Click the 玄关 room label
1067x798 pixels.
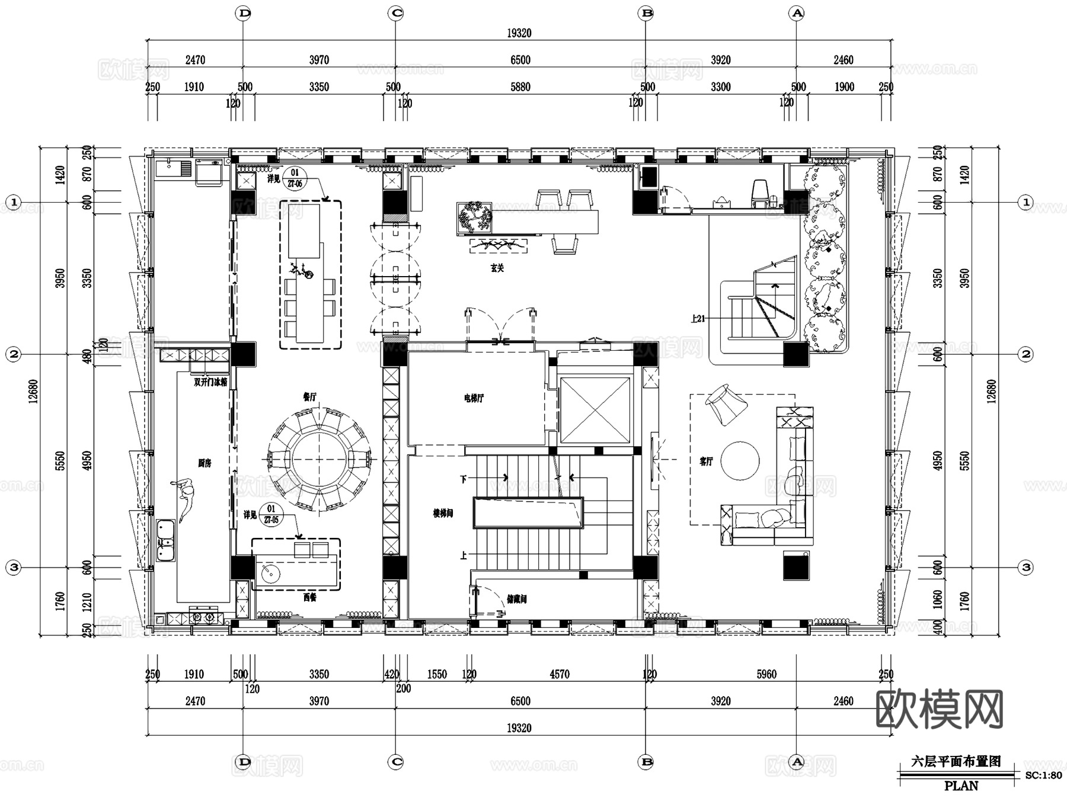click(497, 268)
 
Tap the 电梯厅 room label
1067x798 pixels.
click(474, 398)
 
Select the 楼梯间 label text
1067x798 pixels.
click(443, 513)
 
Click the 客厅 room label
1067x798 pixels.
click(706, 461)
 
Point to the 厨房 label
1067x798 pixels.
click(205, 463)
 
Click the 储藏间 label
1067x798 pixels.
click(516, 599)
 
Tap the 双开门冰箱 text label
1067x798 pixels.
click(210, 382)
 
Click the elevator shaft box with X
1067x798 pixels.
click(595, 410)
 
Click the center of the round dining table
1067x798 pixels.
click(320, 459)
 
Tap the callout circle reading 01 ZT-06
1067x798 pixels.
click(295, 178)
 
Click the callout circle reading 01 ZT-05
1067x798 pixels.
click(271, 514)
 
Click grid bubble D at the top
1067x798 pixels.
click(243, 13)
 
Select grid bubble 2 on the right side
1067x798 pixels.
click(1026, 354)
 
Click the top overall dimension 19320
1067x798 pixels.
click(519, 33)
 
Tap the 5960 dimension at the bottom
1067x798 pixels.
click(766, 674)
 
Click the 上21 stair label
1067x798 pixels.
click(698, 319)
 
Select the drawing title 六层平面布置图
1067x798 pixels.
click(956, 762)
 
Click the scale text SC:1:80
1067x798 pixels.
click(1043, 775)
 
